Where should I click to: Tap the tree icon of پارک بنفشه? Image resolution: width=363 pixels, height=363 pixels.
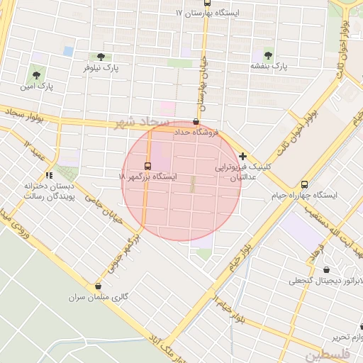[268, 55]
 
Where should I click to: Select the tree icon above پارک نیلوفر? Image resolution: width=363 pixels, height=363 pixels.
[99, 57]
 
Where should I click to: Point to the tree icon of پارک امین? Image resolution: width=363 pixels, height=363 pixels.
[35, 72]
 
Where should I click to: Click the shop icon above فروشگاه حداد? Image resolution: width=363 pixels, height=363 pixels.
[196, 121]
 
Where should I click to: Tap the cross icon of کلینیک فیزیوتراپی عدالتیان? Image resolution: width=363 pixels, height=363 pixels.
[243, 156]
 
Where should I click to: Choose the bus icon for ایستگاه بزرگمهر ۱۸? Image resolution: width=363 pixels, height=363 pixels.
[147, 166]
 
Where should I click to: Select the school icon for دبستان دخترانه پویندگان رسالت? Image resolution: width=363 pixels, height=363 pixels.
[49, 174]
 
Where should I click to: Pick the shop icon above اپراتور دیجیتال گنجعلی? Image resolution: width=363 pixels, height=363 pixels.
[325, 269]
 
